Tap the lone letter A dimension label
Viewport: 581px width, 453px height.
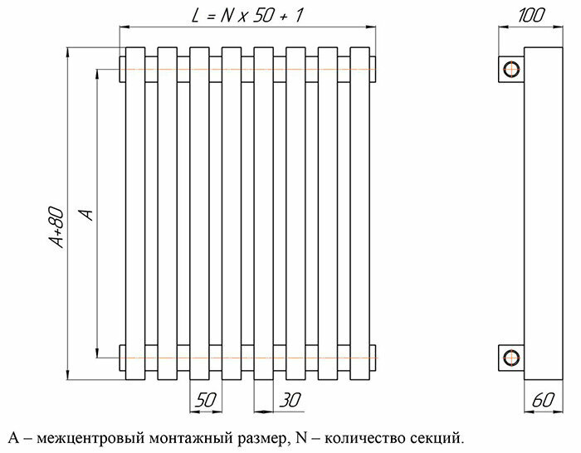click(85, 214)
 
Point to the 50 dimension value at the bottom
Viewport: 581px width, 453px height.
click(206, 400)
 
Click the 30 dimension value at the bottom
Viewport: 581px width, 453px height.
click(290, 400)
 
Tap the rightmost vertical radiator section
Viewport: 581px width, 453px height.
click(359, 212)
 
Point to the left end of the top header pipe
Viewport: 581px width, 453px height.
click(123, 68)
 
